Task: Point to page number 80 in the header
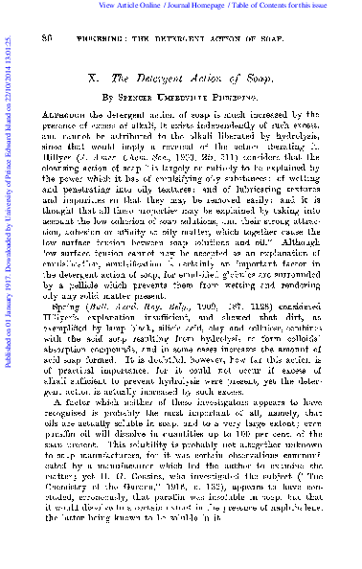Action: (x=47, y=35)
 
